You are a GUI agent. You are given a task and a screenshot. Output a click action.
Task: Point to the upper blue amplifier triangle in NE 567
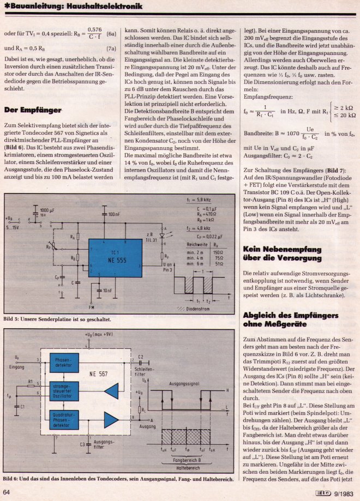(x=111, y=391)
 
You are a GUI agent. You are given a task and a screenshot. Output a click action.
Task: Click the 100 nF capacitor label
(x=114, y=214)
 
